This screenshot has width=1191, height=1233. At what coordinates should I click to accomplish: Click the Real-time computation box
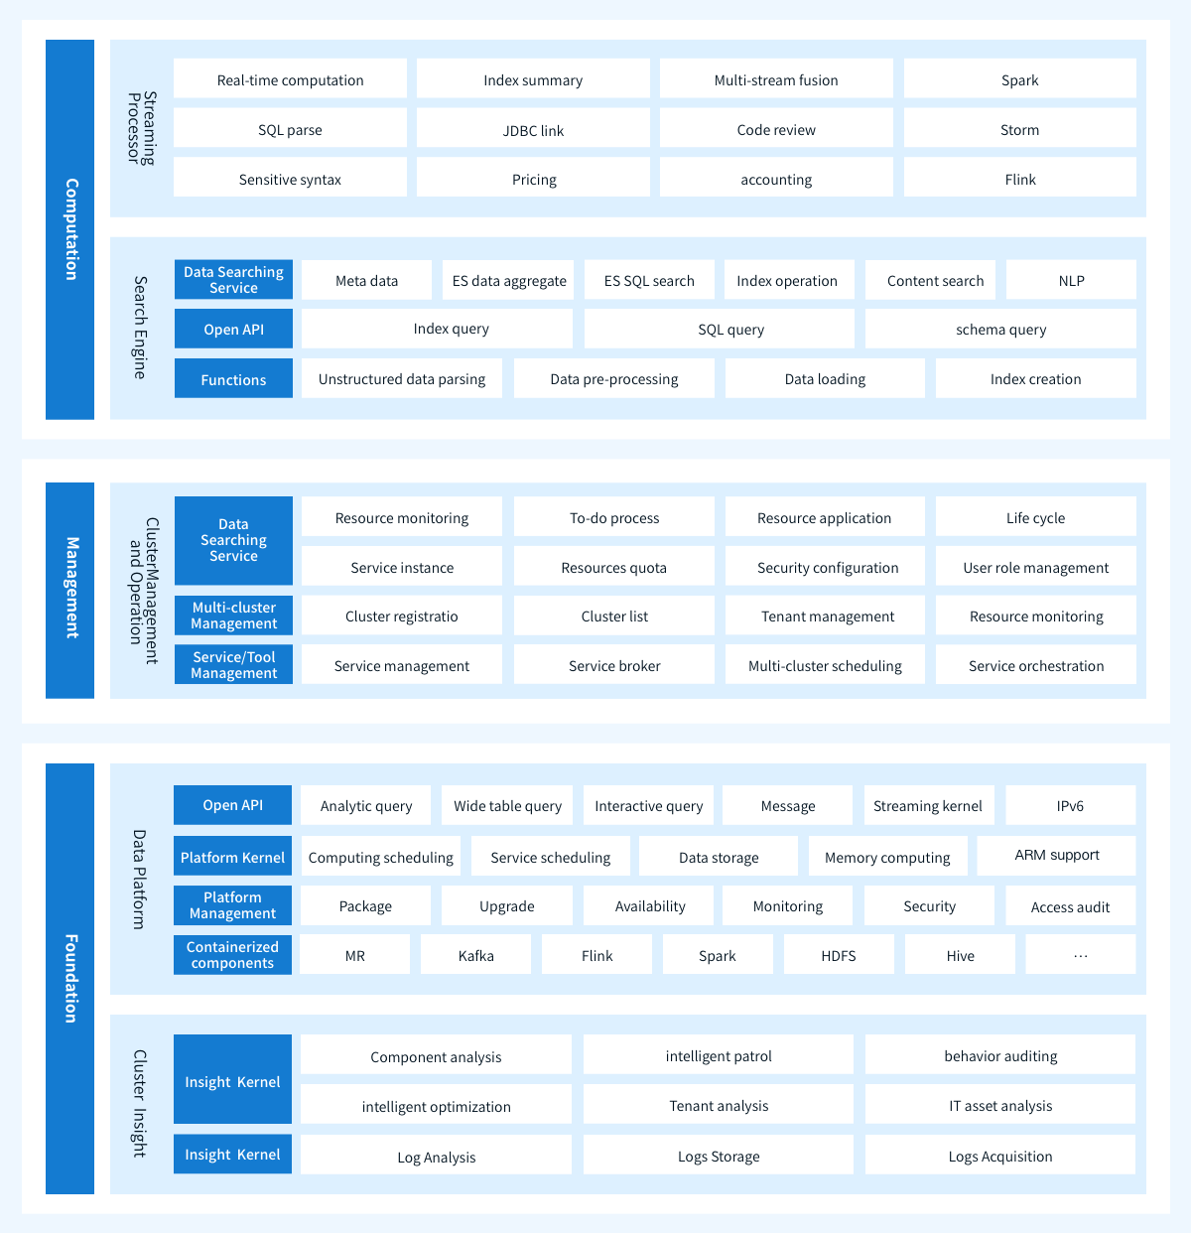tap(290, 78)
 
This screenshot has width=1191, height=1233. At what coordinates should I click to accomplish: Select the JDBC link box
tap(533, 128)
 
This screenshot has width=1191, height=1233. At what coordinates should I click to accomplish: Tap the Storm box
tap(1019, 128)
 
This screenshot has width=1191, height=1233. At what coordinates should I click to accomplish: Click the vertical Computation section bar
tap(69, 229)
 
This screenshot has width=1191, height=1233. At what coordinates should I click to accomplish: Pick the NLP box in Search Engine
tap(1071, 279)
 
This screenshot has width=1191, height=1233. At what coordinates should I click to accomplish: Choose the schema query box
tap(1000, 329)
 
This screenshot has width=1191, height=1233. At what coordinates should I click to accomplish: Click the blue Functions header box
tap(233, 378)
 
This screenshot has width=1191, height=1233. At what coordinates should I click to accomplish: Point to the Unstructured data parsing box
tap(402, 378)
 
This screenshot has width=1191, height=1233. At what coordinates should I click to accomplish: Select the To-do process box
tap(614, 516)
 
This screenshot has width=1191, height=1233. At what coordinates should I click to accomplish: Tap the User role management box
tap(1036, 566)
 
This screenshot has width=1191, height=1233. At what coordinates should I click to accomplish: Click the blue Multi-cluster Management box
tap(233, 616)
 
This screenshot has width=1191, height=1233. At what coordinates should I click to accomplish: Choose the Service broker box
tap(614, 664)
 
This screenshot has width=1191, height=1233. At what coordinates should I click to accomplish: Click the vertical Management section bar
tap(69, 591)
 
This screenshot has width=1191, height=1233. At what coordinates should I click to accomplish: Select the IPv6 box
tap(1071, 805)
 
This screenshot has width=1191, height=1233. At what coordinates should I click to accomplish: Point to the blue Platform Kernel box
tap(232, 856)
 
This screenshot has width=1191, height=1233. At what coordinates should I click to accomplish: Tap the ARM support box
tap(1056, 856)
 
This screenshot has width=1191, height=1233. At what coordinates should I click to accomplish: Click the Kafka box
tap(475, 954)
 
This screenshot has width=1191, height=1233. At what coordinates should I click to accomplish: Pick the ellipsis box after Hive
tap(1081, 954)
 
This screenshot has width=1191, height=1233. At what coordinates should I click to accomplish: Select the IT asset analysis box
tap(1000, 1104)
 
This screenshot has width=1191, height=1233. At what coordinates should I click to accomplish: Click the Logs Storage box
tap(719, 1155)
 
